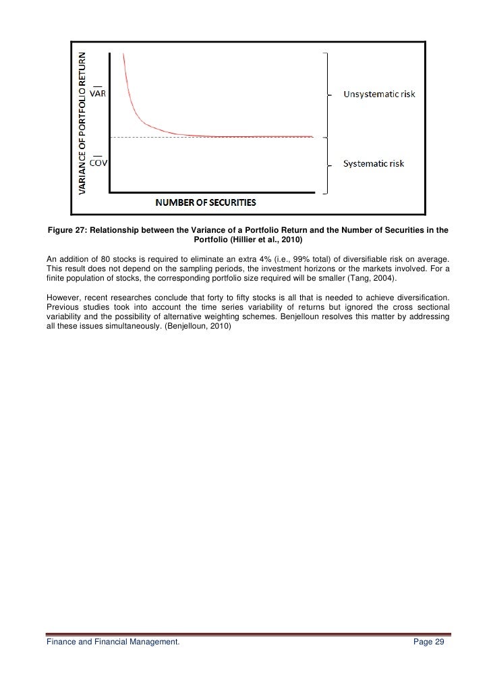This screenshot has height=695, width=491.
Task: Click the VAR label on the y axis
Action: point(98,94)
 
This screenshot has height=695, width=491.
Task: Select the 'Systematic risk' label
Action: point(374,164)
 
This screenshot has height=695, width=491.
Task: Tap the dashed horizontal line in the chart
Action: point(216,138)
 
